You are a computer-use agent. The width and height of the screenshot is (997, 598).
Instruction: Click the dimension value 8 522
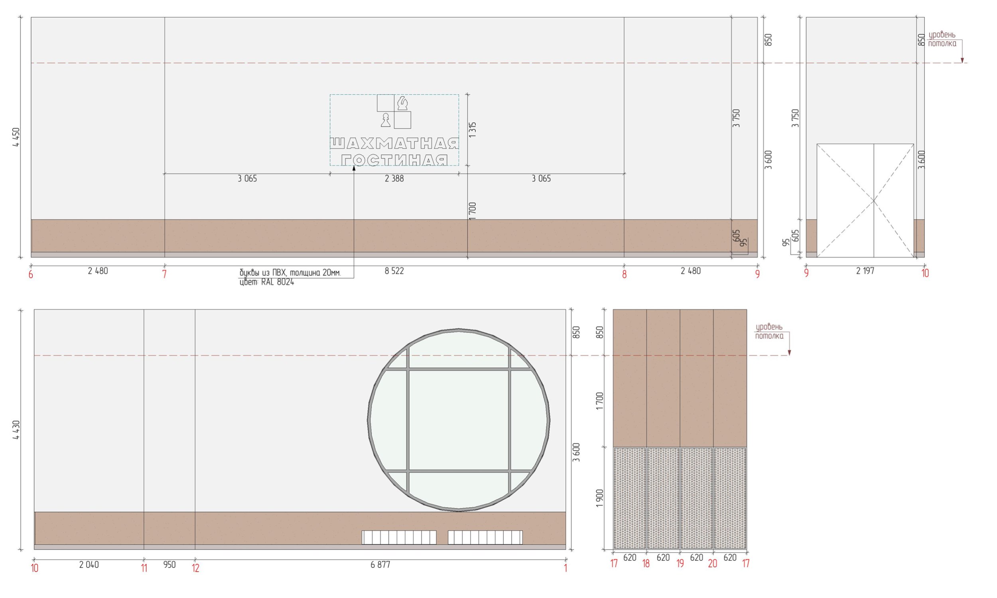click(394, 271)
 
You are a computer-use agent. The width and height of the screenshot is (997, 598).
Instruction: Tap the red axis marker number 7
click(164, 274)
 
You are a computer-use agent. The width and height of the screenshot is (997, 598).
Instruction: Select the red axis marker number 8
click(624, 274)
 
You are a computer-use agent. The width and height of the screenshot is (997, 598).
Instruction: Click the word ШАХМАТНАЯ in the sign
click(394, 143)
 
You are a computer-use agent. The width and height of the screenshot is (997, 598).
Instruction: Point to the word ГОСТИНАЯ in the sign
click(394, 160)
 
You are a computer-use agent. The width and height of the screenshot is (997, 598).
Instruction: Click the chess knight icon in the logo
click(402, 103)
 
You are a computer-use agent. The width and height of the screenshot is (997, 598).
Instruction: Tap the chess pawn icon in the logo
click(386, 120)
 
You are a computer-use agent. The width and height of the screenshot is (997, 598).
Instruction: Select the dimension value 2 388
click(394, 178)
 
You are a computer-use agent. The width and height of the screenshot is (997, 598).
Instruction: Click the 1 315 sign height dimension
click(473, 130)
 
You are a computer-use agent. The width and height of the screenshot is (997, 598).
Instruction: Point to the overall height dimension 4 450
click(16, 137)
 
